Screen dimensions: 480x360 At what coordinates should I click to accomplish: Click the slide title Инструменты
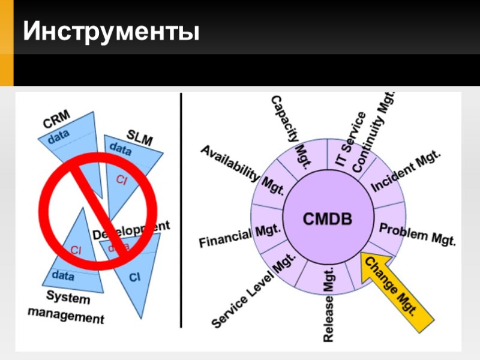[x=111, y=31]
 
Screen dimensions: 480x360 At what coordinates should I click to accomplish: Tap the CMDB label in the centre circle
[x=328, y=218]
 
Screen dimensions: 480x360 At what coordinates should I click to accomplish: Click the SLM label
[x=140, y=137]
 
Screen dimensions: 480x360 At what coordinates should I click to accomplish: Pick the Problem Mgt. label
[x=418, y=235]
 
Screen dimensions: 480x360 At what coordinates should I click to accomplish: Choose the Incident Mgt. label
[x=406, y=172]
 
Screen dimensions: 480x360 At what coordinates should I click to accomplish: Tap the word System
[x=68, y=297]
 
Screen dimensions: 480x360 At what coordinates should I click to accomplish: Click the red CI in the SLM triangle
[x=122, y=179]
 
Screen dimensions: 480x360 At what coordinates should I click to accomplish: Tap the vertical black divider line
[x=181, y=210]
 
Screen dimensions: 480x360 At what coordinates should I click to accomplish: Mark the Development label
[x=131, y=229]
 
